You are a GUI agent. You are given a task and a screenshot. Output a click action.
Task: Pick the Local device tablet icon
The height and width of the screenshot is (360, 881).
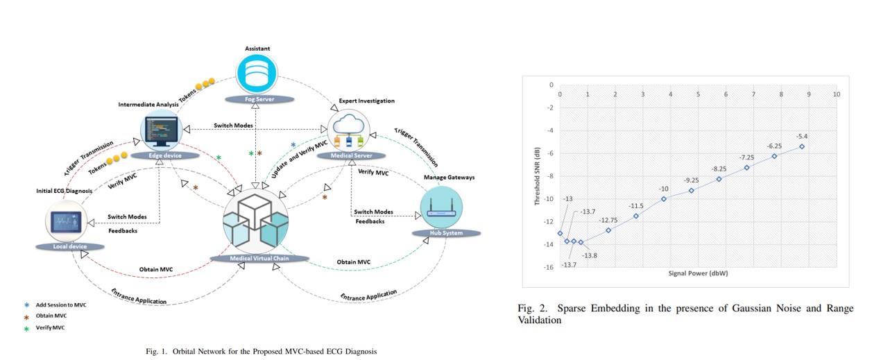coord(68,222)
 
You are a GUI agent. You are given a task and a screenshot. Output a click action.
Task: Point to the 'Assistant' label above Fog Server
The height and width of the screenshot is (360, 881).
coord(257,49)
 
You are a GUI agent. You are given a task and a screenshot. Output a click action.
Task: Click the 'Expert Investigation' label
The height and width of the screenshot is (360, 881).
coord(366,101)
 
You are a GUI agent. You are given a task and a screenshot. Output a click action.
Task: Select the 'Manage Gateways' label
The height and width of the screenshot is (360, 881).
coord(449,178)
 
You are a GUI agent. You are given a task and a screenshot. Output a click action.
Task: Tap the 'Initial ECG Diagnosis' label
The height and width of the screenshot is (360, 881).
coord(65,191)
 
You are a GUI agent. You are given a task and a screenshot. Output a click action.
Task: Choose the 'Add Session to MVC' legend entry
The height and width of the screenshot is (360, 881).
coord(61,305)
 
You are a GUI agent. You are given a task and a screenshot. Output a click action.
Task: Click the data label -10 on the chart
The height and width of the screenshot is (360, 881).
coord(664,188)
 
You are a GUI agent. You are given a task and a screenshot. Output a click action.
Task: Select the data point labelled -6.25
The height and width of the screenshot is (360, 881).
coord(774,156)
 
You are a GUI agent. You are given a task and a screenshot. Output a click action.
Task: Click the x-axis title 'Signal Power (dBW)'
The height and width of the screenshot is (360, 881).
coord(698,274)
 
